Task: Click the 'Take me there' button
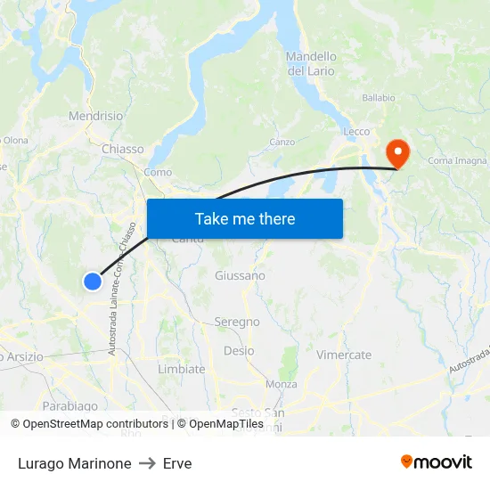245,218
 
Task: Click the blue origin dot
93,282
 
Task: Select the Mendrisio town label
96,116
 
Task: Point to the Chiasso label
123,149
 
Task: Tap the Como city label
158,172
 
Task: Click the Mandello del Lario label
311,63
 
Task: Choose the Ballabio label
378,98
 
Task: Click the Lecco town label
356,132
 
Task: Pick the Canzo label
282,142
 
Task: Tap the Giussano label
240,275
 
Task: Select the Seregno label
237,322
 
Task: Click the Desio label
239,351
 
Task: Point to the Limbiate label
181,369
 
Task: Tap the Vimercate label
344,355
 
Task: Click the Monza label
282,384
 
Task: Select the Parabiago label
69,406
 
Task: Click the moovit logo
436,462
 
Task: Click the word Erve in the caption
177,463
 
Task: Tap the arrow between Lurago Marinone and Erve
147,463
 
